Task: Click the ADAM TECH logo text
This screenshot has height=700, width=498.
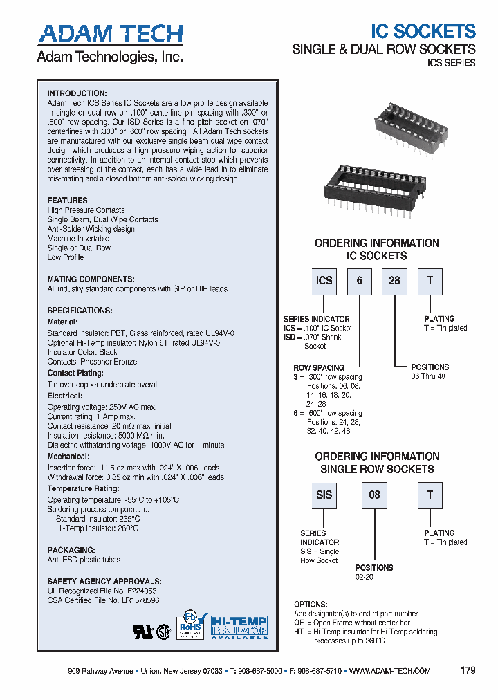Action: click(x=110, y=34)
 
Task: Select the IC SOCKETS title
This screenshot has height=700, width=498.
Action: click(x=423, y=31)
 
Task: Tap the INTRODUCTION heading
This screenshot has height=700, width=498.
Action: click(x=77, y=93)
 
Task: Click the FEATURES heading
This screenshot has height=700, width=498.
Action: click(x=68, y=201)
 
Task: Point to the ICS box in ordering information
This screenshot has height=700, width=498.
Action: click(x=324, y=281)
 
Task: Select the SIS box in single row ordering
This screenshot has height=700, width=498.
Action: click(x=324, y=495)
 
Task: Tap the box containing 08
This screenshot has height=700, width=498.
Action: click(x=374, y=495)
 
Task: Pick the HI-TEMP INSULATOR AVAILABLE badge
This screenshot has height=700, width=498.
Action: click(x=239, y=627)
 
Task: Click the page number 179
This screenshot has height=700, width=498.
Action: click(x=468, y=671)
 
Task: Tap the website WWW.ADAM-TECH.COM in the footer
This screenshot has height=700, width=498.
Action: click(x=390, y=671)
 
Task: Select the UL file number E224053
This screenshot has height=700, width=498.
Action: click(x=141, y=591)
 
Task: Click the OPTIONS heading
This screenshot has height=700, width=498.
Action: click(x=311, y=605)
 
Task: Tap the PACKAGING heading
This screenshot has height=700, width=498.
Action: click(x=72, y=550)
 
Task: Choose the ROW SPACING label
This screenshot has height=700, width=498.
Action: click(x=318, y=368)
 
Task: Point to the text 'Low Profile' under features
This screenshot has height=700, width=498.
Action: click(x=65, y=257)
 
